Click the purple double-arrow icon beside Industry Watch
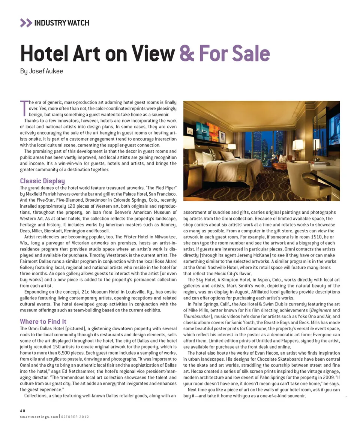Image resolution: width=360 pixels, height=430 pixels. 26,23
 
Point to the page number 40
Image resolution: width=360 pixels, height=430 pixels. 22,410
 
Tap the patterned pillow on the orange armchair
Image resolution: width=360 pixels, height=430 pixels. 282,159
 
